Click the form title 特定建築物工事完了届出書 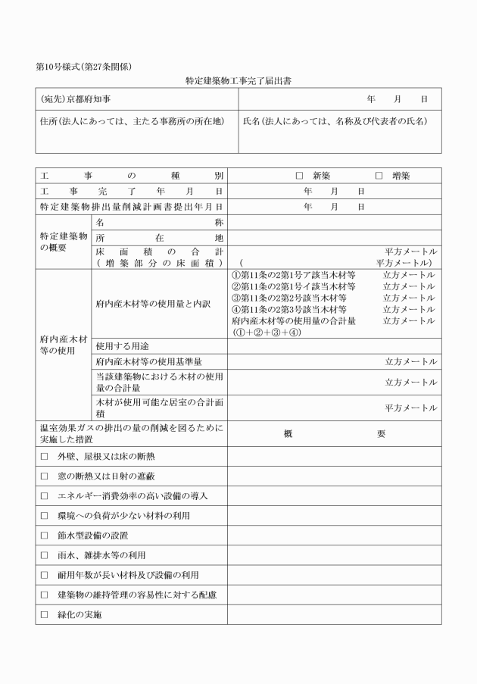pos(238,80)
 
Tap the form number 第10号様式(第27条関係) pos(84,66)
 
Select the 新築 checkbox pos(300,176)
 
